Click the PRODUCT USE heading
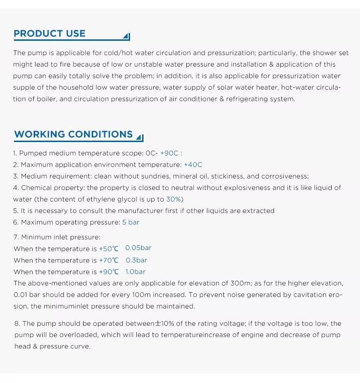(49, 34)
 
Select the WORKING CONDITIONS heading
(73, 134)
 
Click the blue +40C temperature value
(193, 165)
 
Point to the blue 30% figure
(174, 199)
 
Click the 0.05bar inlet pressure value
(138, 248)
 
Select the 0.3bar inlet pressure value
(136, 260)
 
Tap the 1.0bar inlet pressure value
(137, 272)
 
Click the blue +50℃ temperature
(108, 249)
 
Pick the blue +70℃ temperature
(108, 260)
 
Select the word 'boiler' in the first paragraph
(39, 99)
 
